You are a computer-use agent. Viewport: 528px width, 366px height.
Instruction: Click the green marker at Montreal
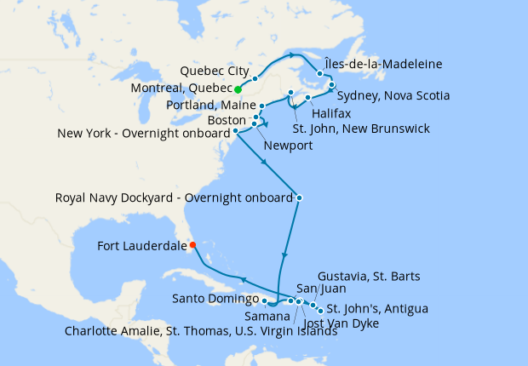tap(238, 89)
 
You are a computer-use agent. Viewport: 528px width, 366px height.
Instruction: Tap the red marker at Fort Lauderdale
tap(192, 245)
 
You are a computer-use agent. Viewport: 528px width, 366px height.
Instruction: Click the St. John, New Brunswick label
tap(361, 129)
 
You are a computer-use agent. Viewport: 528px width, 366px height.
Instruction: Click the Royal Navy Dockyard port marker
tap(299, 197)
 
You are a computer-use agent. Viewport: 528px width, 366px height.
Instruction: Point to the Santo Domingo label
tap(215, 299)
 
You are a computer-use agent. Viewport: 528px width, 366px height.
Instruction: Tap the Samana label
tap(265, 316)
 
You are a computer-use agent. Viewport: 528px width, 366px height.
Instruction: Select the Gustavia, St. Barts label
tap(368, 277)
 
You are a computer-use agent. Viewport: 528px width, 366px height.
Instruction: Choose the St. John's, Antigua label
tap(377, 307)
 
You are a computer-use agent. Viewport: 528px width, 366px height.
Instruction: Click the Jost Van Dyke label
tap(341, 323)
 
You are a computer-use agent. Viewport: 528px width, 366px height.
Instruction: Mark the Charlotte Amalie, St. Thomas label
tap(200, 332)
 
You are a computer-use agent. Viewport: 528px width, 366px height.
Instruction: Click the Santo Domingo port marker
tap(265, 300)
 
